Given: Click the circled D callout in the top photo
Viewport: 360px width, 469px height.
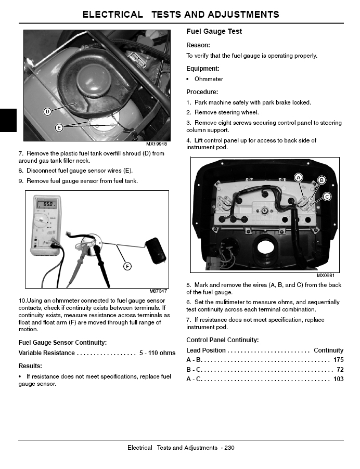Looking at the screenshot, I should click(x=47, y=111).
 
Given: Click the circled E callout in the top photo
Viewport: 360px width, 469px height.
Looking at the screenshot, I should click(x=59, y=127).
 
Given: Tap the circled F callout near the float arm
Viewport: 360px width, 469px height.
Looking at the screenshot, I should click(x=127, y=266).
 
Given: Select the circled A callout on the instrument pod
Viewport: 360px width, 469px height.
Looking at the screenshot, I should click(x=299, y=177).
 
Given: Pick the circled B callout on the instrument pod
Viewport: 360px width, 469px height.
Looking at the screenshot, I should click(x=322, y=180).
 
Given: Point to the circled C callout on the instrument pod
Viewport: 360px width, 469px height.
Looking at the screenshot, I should click(x=327, y=197).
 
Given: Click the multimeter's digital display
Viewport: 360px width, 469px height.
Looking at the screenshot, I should click(x=49, y=204).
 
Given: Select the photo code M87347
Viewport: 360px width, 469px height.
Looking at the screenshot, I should click(x=158, y=291).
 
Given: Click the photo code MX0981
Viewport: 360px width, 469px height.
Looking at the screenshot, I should click(x=325, y=275).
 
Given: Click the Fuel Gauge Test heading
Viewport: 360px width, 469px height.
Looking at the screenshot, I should click(x=214, y=32).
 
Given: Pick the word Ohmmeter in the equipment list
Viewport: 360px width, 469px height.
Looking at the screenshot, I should click(x=209, y=79).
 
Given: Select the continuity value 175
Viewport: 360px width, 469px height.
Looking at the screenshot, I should click(x=338, y=360).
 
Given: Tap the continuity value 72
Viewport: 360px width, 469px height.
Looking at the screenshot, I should click(x=340, y=369).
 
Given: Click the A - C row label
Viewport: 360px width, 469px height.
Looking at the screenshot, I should click(x=194, y=379).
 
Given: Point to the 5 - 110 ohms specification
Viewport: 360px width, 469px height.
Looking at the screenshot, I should click(x=157, y=353).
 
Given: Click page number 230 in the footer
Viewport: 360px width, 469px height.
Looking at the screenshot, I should click(x=229, y=448).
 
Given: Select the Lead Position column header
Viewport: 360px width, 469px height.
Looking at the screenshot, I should click(x=206, y=350).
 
